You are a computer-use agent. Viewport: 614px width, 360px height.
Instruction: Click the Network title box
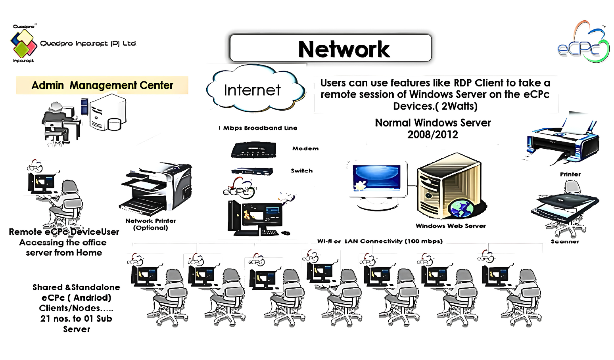click(330, 48)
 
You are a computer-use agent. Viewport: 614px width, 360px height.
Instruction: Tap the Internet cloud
click(254, 90)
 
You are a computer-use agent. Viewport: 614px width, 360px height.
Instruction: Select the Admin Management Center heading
click(102, 85)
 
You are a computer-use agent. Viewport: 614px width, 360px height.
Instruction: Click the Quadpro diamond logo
click(23, 43)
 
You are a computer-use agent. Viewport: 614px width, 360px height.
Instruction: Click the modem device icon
click(253, 149)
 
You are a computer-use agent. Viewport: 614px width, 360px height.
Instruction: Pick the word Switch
click(301, 171)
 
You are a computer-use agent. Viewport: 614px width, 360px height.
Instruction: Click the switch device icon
click(252, 171)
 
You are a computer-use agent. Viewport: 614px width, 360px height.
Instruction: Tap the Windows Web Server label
click(451, 226)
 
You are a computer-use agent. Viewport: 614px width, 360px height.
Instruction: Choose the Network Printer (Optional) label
click(150, 224)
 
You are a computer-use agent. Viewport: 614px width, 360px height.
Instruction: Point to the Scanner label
click(565, 241)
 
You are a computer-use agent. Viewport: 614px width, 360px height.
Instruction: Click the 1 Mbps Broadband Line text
click(258, 128)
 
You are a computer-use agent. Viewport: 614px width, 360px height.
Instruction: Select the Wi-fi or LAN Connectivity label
click(380, 241)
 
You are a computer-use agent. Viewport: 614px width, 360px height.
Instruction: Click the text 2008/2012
click(432, 135)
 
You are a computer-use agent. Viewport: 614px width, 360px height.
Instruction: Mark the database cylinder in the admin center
click(114, 124)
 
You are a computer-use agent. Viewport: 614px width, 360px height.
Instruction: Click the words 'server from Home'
click(64, 253)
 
